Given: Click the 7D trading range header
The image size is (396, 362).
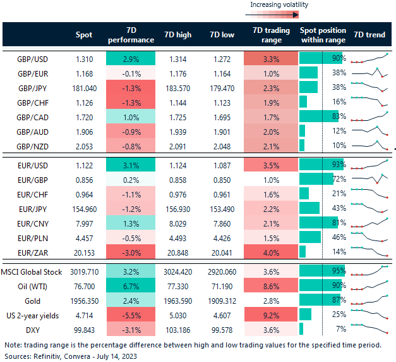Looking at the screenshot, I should (270, 35).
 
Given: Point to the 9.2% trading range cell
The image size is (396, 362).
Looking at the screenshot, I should (270, 315).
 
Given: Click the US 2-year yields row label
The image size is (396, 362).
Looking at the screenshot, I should (34, 315).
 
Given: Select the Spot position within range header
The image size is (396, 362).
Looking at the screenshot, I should (323, 35).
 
